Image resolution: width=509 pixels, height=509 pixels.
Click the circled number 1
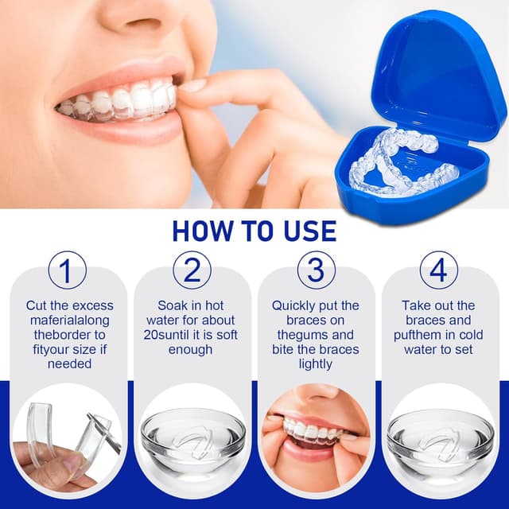(67, 270)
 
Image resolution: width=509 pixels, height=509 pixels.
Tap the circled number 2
(192, 270)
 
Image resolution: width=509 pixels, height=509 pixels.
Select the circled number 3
(316, 270)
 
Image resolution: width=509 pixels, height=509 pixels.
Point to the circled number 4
(438, 270)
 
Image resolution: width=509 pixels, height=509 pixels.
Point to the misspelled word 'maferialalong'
(70, 321)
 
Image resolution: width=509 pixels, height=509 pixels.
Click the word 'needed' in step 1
(69, 364)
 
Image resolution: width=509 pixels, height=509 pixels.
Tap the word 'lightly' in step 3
(316, 364)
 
